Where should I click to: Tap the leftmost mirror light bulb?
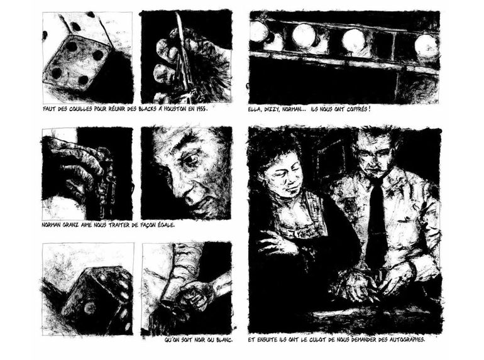pos(259,31)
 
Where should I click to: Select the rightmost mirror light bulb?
pos(426,45)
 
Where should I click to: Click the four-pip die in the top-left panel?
pos(77,64)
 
